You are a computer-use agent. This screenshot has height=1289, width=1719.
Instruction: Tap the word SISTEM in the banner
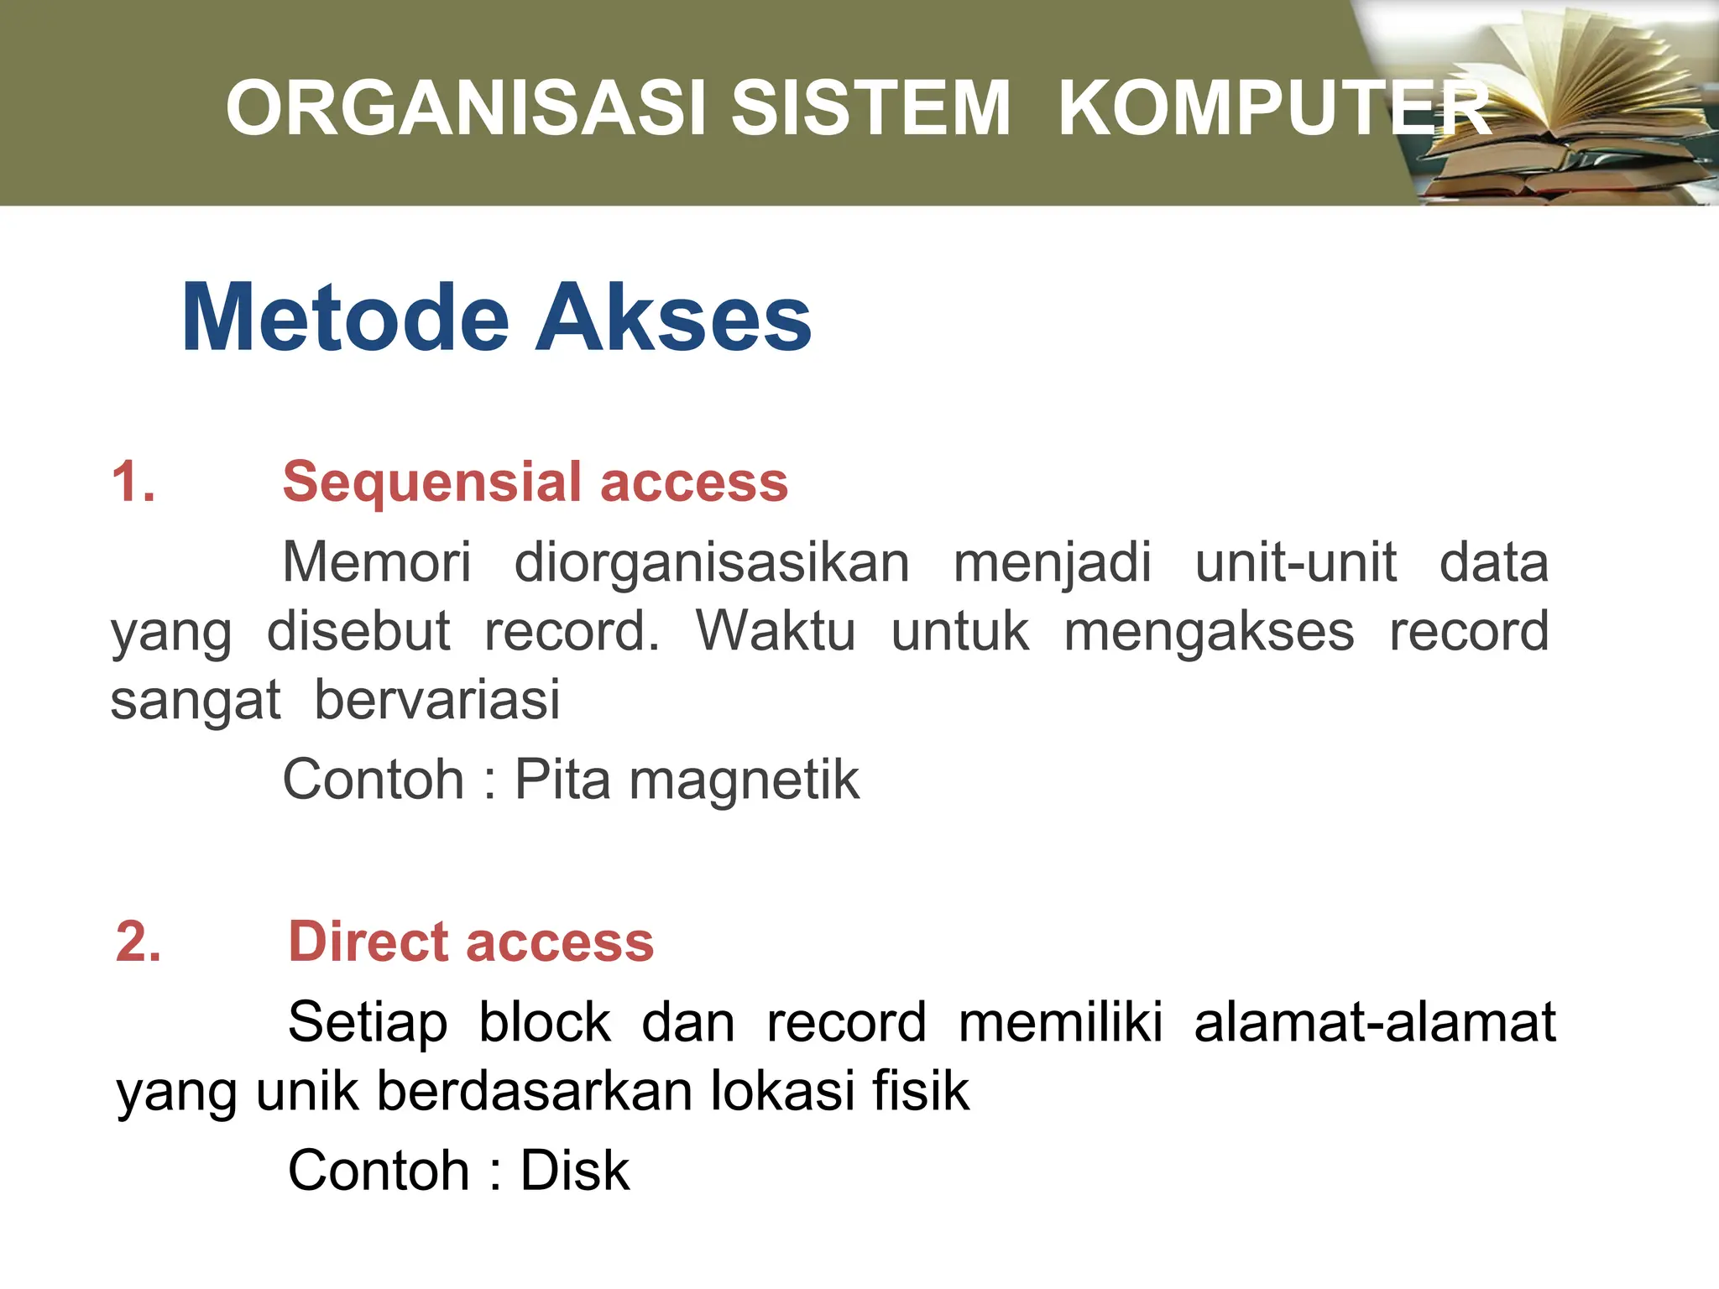[x=870, y=108]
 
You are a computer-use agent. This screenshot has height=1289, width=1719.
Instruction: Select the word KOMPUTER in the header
[x=1274, y=108]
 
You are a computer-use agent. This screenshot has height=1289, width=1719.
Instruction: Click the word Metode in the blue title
[x=345, y=319]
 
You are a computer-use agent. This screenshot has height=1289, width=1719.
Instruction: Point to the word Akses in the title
[x=673, y=319]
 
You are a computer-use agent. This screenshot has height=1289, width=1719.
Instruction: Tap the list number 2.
[x=138, y=942]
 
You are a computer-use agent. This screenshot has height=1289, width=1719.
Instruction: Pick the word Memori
[x=377, y=562]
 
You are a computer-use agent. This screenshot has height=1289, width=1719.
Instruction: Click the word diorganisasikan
[x=712, y=562]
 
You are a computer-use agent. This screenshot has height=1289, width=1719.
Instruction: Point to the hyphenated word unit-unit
[x=1296, y=562]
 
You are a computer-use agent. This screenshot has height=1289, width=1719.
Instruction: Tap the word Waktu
[x=776, y=631]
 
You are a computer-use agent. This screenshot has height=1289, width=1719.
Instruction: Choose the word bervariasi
[x=436, y=700]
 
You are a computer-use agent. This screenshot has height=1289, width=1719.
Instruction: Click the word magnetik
[x=745, y=780]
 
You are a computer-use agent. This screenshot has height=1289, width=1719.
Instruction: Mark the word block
[x=545, y=1022]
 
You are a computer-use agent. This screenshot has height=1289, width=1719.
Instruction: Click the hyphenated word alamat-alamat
[x=1375, y=1022]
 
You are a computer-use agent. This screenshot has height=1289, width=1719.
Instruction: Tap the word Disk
[x=575, y=1171]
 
